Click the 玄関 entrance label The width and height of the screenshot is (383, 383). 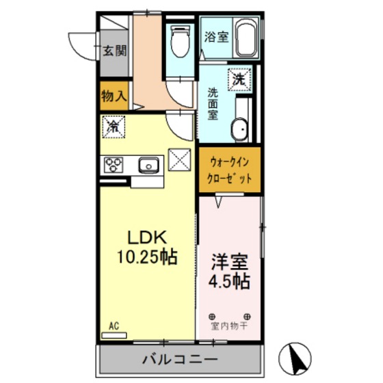coord(114,51)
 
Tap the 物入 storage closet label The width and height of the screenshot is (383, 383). coord(114,96)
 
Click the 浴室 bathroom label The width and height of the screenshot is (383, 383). coord(217,36)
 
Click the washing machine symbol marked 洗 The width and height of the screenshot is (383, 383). coord(239,79)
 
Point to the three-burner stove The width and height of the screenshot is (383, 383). coord(114,164)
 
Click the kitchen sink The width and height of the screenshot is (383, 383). coord(148,164)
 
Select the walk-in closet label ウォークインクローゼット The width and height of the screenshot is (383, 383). coord(230,170)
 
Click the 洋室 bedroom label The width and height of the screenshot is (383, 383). coord(229,261)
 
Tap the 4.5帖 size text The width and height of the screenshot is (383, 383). coord(229,280)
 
